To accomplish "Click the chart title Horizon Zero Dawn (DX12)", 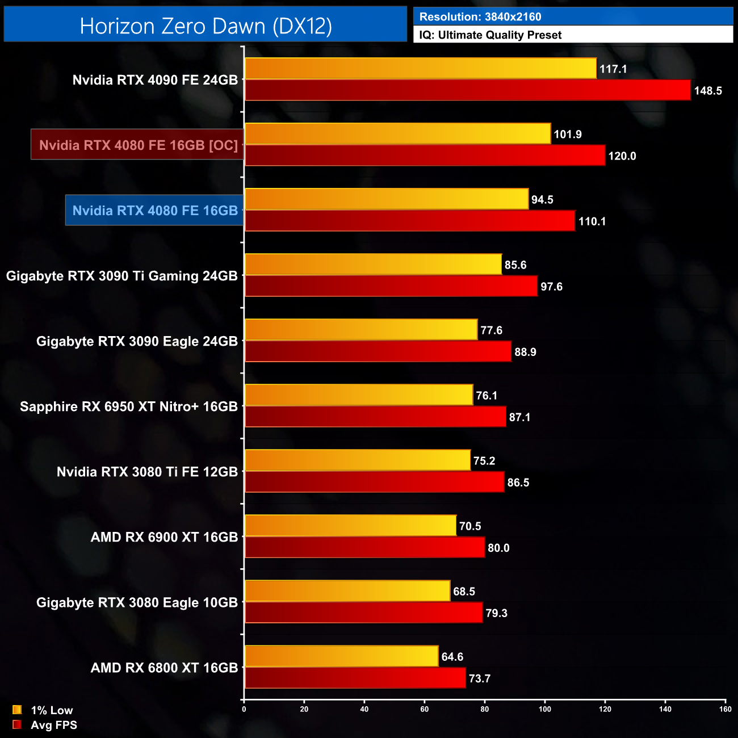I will pyautogui.click(x=206, y=26).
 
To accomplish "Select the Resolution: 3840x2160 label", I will pyautogui.click(x=480, y=17).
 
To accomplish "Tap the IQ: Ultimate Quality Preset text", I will pyautogui.click(x=490, y=35).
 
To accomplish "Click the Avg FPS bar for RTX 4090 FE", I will pyautogui.click(x=467, y=90).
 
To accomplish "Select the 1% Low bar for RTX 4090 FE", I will pyautogui.click(x=420, y=69).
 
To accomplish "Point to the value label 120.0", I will pyautogui.click(x=622, y=156).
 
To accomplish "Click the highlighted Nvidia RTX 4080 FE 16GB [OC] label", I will pyautogui.click(x=138, y=145).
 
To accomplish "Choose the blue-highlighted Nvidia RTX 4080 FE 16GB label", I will pyautogui.click(x=155, y=211).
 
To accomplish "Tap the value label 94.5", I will pyautogui.click(x=542, y=200).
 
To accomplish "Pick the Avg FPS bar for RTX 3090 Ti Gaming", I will pyautogui.click(x=391, y=286).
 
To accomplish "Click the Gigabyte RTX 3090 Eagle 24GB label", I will pyautogui.click(x=137, y=341).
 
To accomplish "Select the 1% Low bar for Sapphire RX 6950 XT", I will pyautogui.click(x=358, y=395).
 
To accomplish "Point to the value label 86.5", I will pyautogui.click(x=518, y=483).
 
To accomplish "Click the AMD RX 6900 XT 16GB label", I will pyautogui.click(x=164, y=537).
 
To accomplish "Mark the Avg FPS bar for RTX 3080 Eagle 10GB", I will pyautogui.click(x=363, y=613).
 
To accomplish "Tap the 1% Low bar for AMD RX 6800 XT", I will pyautogui.click(x=341, y=656).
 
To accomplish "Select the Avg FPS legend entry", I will pyautogui.click(x=45, y=725).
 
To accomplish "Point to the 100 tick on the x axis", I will pyautogui.click(x=545, y=709).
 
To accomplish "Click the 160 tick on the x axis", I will pyautogui.click(x=725, y=709).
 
